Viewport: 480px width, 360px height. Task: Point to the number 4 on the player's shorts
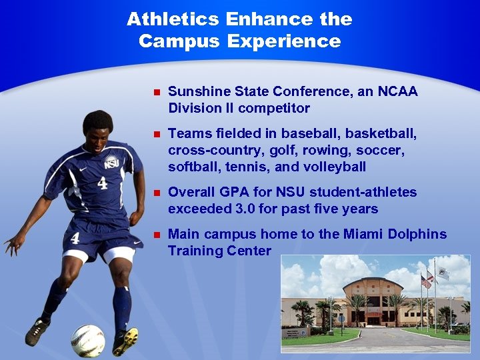pos(75,238)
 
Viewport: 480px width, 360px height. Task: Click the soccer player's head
pos(98,127)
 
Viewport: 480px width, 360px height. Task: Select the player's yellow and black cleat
pos(125,341)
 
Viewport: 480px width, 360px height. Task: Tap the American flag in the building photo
pos(425,281)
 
